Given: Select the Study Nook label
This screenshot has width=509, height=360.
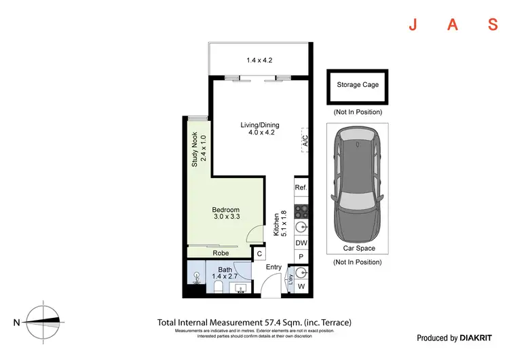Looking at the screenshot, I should click(198, 150).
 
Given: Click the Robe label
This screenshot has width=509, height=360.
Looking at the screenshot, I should click(221, 253).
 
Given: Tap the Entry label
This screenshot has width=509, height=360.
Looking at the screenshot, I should click(274, 267).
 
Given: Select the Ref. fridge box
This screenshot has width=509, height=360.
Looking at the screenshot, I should click(301, 187).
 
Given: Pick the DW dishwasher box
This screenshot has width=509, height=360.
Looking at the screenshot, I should click(301, 242).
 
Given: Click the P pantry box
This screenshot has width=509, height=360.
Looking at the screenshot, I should click(301, 257).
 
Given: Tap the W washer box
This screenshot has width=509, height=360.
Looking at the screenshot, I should click(301, 287).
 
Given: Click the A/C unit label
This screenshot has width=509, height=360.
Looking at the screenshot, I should click(305, 141).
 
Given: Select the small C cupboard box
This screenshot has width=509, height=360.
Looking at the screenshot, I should click(259, 254).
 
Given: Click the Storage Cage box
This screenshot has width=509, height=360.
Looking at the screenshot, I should click(358, 86).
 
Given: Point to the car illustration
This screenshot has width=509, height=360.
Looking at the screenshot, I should click(357, 184).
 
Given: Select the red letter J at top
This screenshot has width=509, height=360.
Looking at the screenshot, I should click(412, 26).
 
